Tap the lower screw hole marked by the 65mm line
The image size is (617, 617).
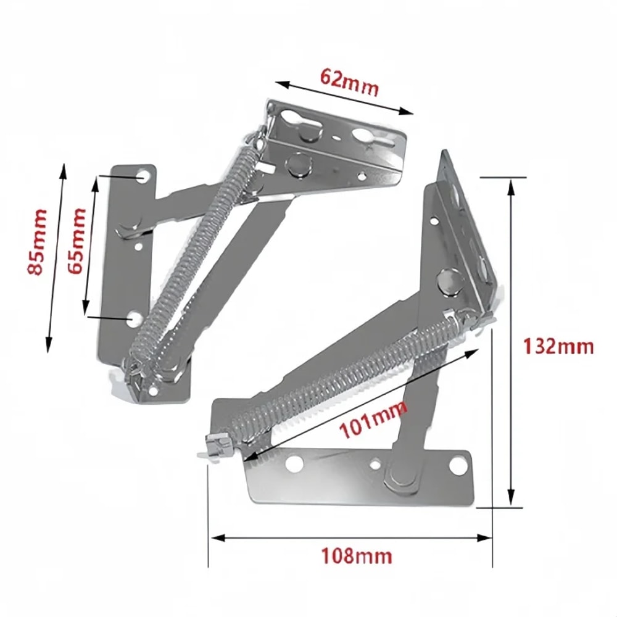135,318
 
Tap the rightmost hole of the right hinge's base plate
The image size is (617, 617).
458,466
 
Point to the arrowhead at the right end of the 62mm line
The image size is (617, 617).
409,112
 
